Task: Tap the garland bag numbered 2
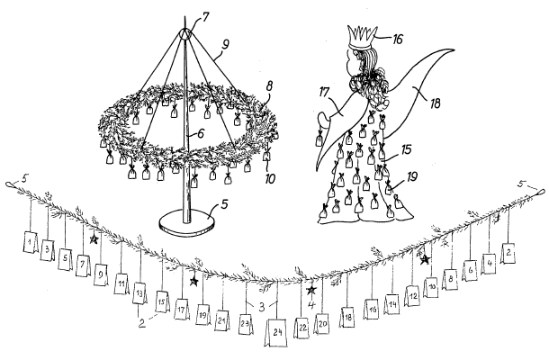[508, 252]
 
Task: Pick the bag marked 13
[139, 293]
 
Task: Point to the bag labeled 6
[469, 268]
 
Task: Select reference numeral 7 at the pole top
[206, 17]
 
